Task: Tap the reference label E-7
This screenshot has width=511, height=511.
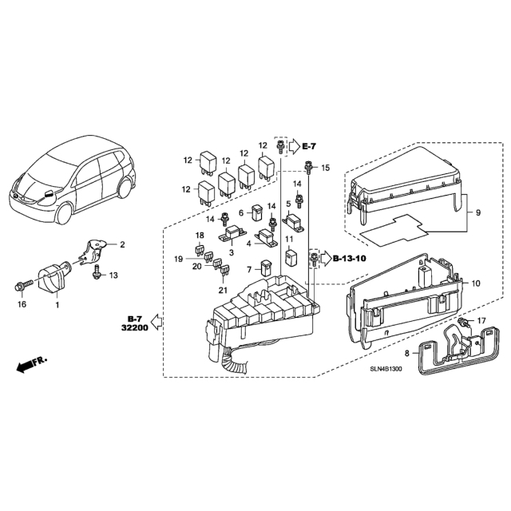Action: [x=309, y=147]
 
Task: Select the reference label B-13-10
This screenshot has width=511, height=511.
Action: [x=350, y=259]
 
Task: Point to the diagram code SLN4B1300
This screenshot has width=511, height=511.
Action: [x=386, y=369]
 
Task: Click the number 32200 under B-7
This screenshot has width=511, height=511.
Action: [x=135, y=327]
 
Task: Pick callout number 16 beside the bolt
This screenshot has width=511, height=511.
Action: [x=22, y=304]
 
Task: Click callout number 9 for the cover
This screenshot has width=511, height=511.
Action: [x=478, y=213]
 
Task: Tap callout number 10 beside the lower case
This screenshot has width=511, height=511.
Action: [x=476, y=283]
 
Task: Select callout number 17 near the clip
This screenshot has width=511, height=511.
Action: [x=481, y=321]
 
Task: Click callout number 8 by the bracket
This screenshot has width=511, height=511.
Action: [x=406, y=353]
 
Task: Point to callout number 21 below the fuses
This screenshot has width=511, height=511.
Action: [x=223, y=290]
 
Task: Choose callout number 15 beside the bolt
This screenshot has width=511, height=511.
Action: [x=326, y=168]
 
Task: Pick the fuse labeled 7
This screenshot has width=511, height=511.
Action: [x=266, y=268]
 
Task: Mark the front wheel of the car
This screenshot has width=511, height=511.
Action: [x=64, y=213]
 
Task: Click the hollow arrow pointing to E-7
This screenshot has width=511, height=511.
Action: [x=295, y=147]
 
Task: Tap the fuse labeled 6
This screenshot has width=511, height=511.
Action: [x=257, y=213]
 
